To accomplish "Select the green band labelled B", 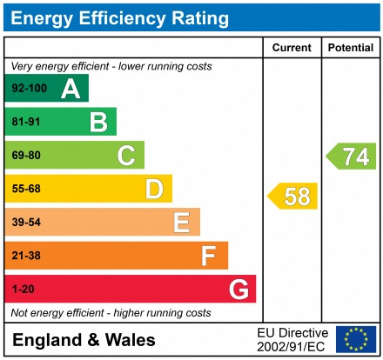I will point(61,122).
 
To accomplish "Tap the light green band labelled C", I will point(75,156).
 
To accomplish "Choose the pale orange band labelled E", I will point(103,223).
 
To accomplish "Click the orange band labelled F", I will point(117,256).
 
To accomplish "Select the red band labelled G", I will point(131,289).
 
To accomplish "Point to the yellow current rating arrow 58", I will point(293,197).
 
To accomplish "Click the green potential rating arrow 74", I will point(352,157).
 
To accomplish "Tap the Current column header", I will point(292,48).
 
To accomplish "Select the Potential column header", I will point(350,48).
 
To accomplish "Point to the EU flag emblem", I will point(356,339).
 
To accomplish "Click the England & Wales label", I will point(84,340).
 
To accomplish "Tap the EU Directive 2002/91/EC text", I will point(292,339).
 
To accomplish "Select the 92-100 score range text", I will point(30,89).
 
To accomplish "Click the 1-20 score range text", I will point(24,289).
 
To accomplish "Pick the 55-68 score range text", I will point(26,189).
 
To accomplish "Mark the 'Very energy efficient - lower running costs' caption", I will point(111,66).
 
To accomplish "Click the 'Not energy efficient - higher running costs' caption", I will point(111,312).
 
